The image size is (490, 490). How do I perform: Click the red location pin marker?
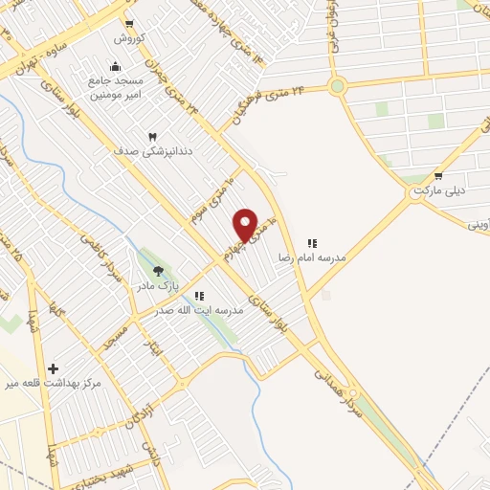tap(246, 225)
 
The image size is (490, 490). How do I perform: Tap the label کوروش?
tap(129, 38)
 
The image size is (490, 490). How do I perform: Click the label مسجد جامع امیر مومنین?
tap(117, 86)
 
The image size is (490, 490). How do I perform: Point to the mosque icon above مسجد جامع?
tap(115, 66)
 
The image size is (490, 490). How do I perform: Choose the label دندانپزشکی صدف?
tap(140, 151)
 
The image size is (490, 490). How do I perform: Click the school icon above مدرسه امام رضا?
tap(311, 244)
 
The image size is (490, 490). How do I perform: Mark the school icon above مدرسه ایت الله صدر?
tap(199, 297)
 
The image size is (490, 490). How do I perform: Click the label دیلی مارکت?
tap(439, 190)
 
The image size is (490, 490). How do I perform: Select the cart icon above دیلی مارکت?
tap(438, 176)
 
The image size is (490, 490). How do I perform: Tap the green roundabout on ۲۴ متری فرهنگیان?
tap(337, 87)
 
